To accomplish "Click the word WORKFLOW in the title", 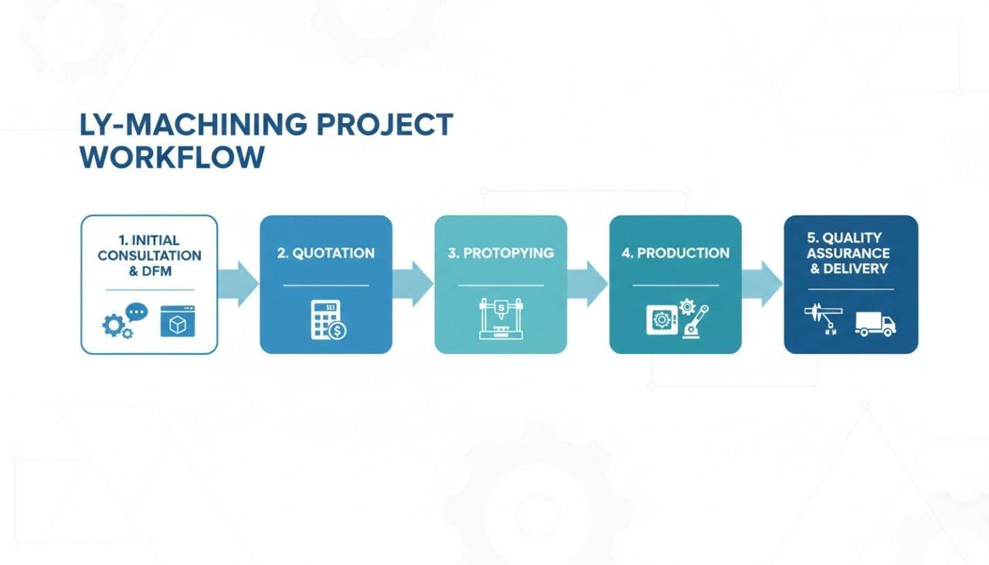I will pyautogui.click(x=172, y=157).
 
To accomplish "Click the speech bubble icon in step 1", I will pyautogui.click(x=136, y=311).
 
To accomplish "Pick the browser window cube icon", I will pyautogui.click(x=178, y=321).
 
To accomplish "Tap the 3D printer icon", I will pyautogui.click(x=500, y=319).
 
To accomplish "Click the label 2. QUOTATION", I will pyautogui.click(x=325, y=253).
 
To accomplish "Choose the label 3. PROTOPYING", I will pyautogui.click(x=500, y=253).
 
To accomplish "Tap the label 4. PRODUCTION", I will pyautogui.click(x=675, y=253).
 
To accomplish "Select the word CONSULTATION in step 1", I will pyautogui.click(x=149, y=256).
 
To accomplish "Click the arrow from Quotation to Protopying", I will pyautogui.click(x=413, y=284).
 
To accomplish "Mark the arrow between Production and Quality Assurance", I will pyautogui.click(x=763, y=284).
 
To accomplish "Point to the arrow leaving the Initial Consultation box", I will pyautogui.click(x=239, y=284).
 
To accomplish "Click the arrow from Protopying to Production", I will pyautogui.click(x=588, y=284).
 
